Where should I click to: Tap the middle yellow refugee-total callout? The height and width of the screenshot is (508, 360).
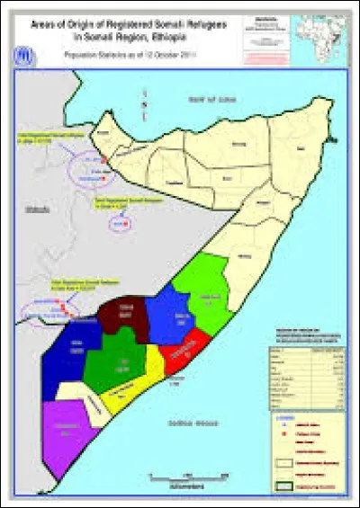click(x=123, y=204)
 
